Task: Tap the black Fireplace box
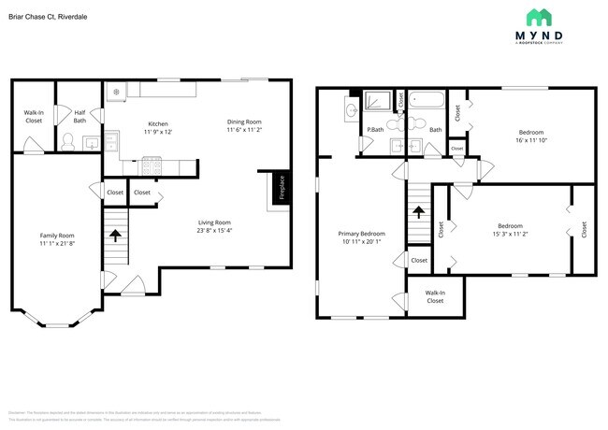click(278, 187)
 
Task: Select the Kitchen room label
click(157, 124)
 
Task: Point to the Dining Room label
click(244, 122)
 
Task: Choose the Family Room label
click(56, 236)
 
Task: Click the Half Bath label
click(80, 116)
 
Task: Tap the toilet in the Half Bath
click(67, 142)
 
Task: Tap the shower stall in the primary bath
click(377, 101)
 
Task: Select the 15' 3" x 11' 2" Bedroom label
click(510, 230)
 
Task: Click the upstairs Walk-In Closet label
click(435, 296)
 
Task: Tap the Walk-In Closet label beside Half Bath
click(34, 116)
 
